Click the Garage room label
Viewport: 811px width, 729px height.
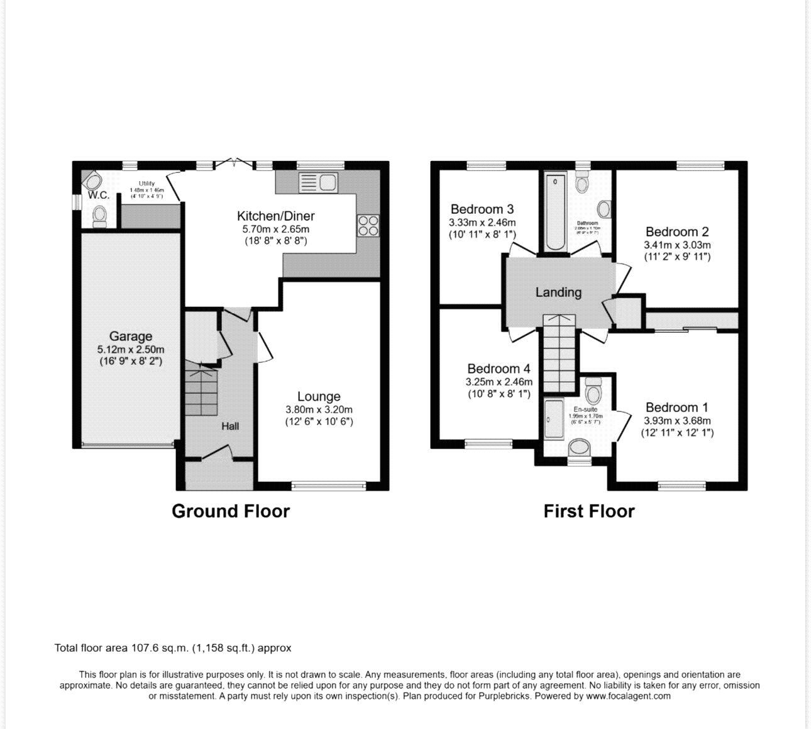click(130, 337)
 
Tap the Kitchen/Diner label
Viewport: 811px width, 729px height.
click(275, 216)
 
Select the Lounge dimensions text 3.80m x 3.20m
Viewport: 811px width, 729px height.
click(319, 409)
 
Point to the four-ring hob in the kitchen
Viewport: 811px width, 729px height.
click(368, 226)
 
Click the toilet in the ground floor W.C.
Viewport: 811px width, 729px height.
click(99, 216)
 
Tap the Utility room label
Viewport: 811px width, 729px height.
click(146, 184)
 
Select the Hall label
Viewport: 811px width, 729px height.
click(230, 426)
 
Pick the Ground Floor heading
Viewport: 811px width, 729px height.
click(231, 511)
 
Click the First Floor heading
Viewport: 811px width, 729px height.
click(589, 511)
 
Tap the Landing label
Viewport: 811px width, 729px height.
click(558, 292)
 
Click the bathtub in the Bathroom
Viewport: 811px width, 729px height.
click(555, 214)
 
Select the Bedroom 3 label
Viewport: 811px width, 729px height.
click(482, 209)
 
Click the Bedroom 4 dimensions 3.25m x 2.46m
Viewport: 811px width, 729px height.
click(499, 382)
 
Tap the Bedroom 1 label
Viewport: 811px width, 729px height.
click(676, 408)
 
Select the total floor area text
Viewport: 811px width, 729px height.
click(173, 648)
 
